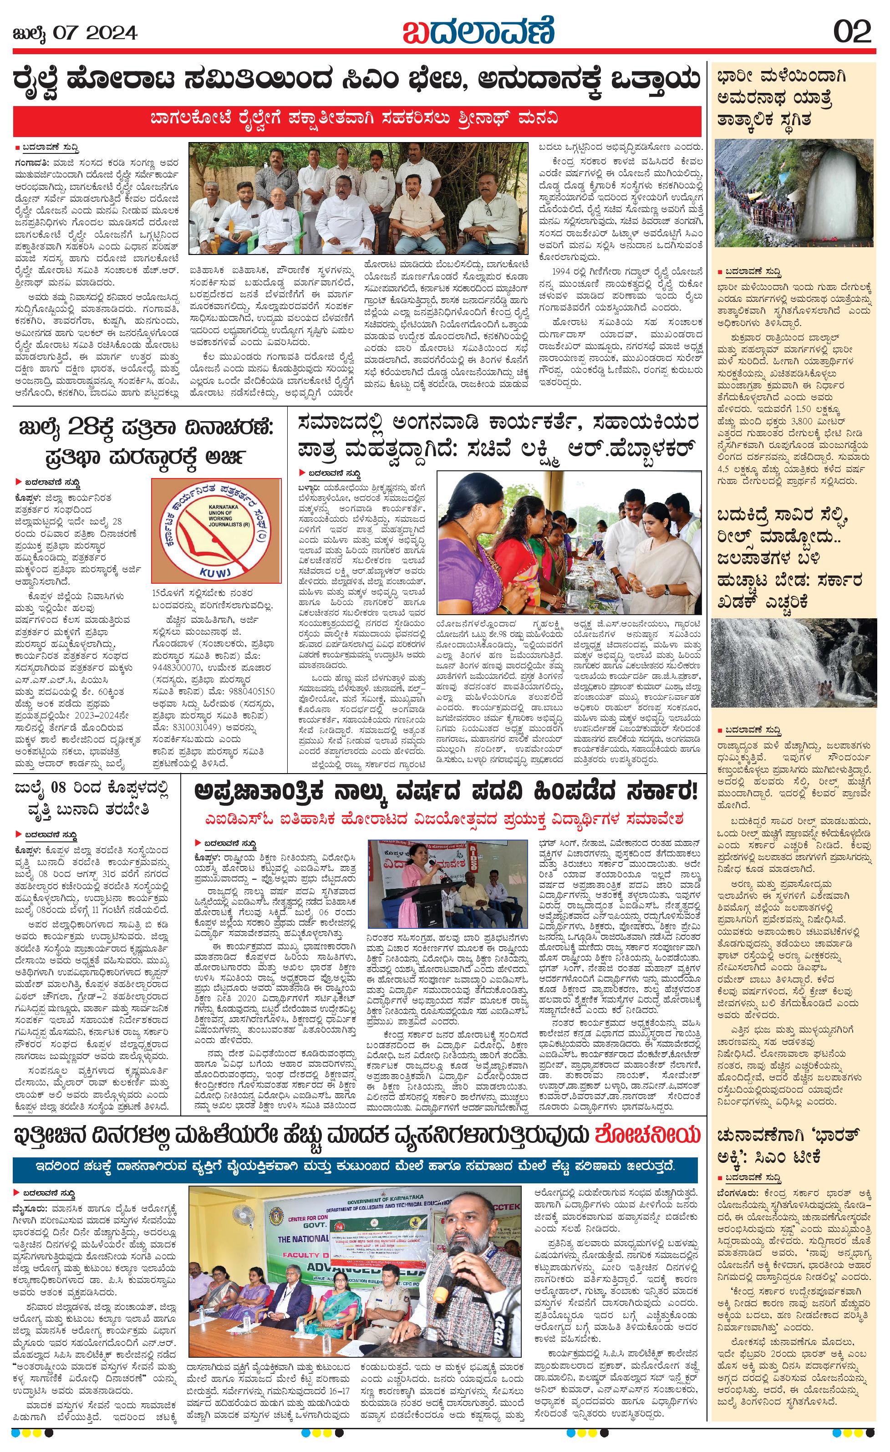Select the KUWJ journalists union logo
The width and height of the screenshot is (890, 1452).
[x=216, y=530]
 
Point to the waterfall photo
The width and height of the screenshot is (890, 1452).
[x=793, y=663]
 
